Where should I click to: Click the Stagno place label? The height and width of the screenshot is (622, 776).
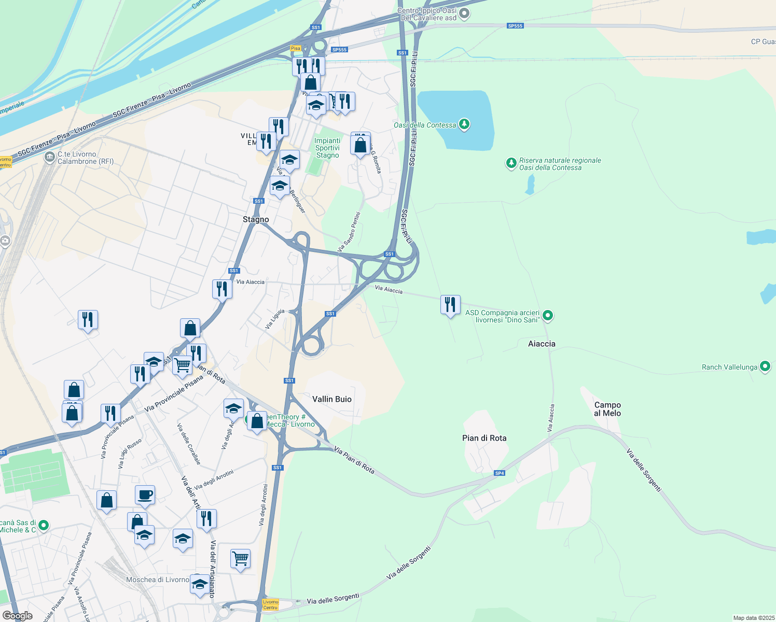click(x=256, y=220)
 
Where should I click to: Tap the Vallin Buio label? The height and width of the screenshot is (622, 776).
click(x=332, y=399)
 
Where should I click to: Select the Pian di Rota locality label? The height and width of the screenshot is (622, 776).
click(x=484, y=438)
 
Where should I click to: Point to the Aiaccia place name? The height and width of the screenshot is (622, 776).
click(x=542, y=344)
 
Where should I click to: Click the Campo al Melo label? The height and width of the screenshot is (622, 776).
click(x=607, y=409)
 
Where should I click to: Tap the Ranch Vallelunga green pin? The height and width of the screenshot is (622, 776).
click(x=765, y=366)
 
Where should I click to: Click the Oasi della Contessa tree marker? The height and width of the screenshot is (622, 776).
click(x=464, y=124)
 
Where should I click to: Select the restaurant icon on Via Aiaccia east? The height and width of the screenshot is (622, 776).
click(x=450, y=305)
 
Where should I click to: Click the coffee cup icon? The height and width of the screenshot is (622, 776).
click(x=145, y=495)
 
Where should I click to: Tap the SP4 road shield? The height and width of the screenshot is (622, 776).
click(x=500, y=473)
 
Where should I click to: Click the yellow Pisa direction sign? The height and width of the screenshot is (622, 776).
click(x=296, y=48)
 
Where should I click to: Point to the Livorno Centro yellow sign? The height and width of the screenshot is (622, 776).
click(x=271, y=605)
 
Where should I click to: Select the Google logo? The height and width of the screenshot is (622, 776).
click(x=18, y=616)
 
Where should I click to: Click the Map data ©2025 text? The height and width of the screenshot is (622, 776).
click(x=753, y=618)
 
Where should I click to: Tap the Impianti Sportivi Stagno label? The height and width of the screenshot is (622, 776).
click(x=327, y=148)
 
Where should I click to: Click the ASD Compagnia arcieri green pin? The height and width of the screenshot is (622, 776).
click(x=548, y=315)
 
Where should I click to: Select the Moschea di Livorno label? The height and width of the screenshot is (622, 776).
click(x=158, y=579)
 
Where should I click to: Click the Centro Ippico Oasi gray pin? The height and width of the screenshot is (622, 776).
click(x=464, y=13)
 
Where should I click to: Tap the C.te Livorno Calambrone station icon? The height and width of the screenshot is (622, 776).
click(x=49, y=157)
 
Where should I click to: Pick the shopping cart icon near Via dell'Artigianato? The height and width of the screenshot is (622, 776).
click(x=240, y=559)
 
